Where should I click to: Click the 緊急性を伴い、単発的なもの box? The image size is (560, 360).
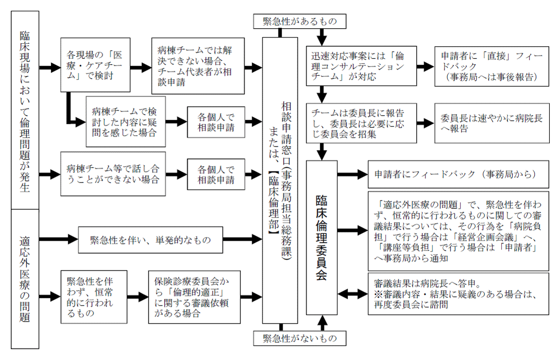tap(150, 240)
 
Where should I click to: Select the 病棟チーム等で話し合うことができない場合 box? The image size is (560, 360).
tap(113, 174)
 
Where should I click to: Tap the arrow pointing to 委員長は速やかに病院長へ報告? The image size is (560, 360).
tap(425, 123)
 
